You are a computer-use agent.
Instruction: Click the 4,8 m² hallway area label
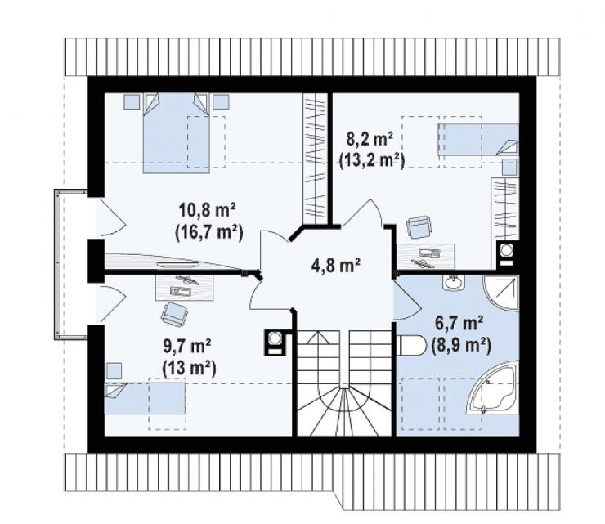[x=335, y=266]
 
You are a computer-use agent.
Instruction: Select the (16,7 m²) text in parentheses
[x=208, y=234]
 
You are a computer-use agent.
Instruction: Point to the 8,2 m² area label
[x=370, y=139]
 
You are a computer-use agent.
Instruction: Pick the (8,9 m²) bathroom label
[x=460, y=345]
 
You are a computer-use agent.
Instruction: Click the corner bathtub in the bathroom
[x=493, y=387]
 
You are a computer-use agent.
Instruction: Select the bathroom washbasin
[x=455, y=283]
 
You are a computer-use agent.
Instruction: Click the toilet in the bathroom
[x=411, y=345]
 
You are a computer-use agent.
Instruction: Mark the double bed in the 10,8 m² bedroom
[x=177, y=132]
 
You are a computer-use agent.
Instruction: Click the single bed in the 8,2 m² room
[x=478, y=139]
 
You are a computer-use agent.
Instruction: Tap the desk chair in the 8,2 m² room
[x=419, y=227]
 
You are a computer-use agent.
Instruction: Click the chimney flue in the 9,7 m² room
[x=275, y=343]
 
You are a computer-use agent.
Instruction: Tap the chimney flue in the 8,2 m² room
[x=506, y=254]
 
